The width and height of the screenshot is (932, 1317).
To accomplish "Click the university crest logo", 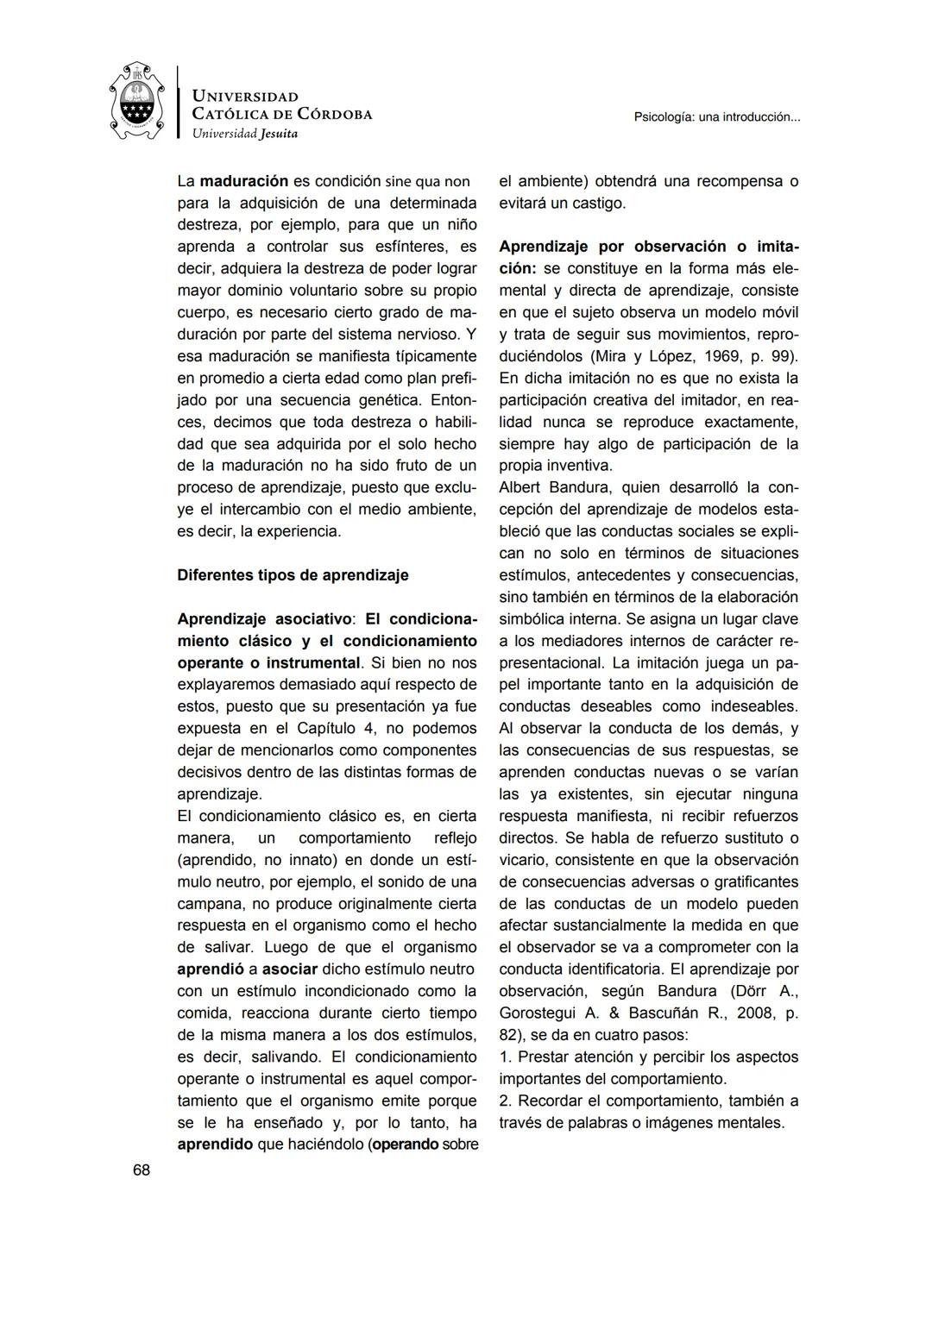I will pos(137,102).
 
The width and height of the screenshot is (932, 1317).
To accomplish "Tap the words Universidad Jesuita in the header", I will pos(244,134).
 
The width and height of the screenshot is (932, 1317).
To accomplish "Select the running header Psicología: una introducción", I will pos(716,116).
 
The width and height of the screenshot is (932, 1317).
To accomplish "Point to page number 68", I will pos(142,1170).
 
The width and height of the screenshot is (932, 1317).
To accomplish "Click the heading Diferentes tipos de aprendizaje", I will pos(293,575).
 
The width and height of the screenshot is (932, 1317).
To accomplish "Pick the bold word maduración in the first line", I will pos(244,181).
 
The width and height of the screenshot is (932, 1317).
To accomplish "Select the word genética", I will pos(393,400).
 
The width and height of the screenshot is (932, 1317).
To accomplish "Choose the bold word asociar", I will pos(290,969).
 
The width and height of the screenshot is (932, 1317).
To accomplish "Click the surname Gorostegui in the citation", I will pos(540,1013).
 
